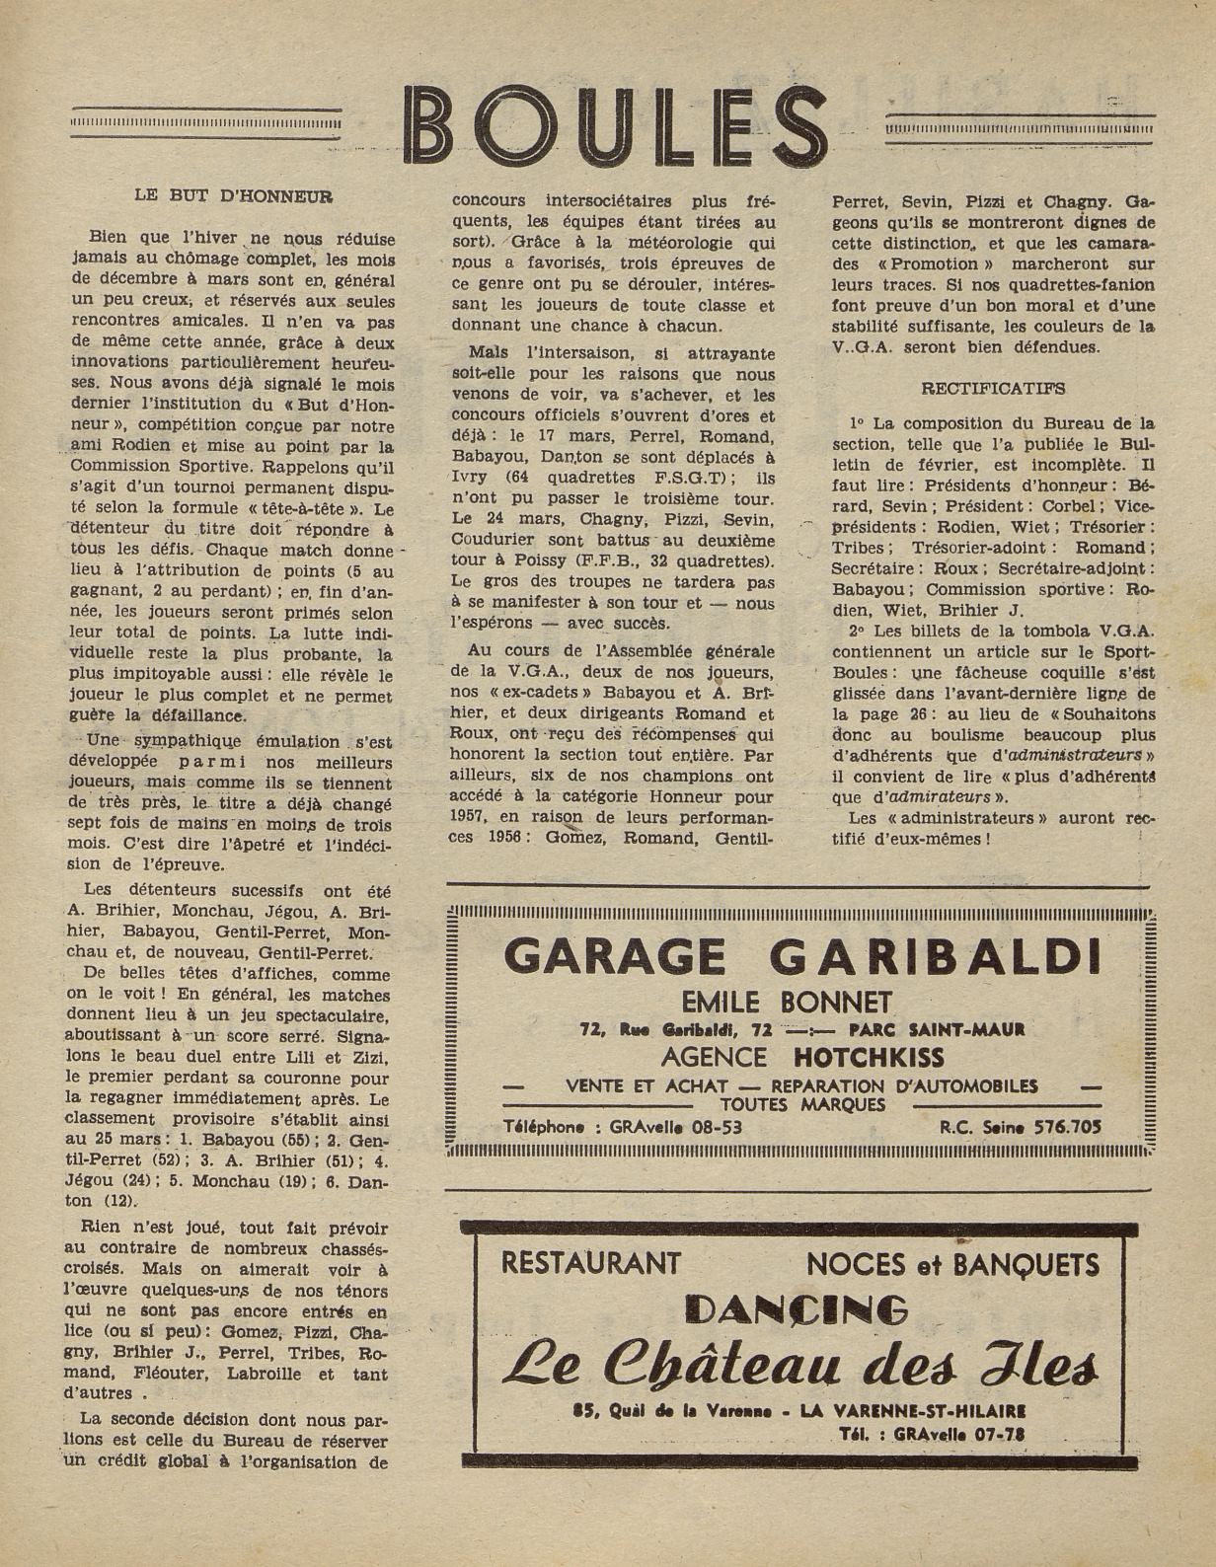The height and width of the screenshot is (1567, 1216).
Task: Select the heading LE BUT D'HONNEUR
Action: [x=233, y=195]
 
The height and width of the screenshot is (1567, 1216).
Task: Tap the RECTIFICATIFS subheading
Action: [x=992, y=389]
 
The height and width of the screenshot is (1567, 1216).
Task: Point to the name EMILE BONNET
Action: [x=800, y=1003]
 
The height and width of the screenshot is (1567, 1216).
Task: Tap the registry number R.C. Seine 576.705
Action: [x=1021, y=1127]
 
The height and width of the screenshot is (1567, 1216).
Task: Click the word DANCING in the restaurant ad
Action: [x=796, y=1309]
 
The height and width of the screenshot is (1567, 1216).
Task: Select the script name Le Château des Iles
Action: [x=800, y=1365]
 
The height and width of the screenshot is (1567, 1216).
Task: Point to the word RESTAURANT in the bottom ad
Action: [x=591, y=1262]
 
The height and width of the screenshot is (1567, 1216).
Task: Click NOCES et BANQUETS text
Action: [x=952, y=1263]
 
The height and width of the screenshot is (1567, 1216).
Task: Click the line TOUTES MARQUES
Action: [x=802, y=1104]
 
